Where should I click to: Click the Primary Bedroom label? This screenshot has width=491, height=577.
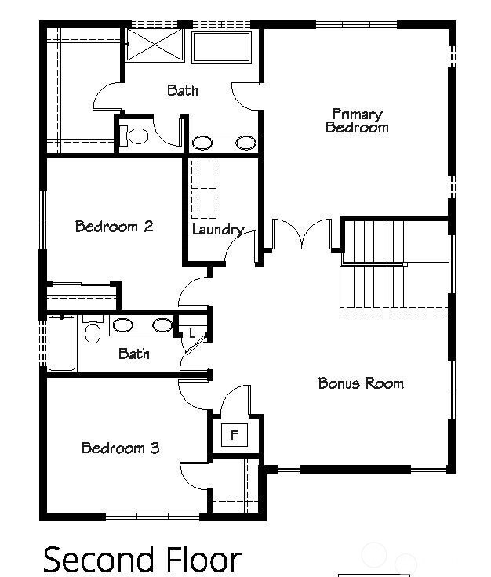357,121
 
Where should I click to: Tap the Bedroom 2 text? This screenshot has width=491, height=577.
114,227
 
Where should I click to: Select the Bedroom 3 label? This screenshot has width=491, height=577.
121,448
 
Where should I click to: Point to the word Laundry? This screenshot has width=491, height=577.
217,230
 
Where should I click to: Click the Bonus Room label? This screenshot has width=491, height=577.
361,383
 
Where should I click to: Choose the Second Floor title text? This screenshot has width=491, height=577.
142,560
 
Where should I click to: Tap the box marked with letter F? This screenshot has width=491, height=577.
234,434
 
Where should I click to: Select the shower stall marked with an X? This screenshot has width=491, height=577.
155,45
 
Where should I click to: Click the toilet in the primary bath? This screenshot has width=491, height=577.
136,136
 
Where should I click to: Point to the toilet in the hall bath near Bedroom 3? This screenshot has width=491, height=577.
93,332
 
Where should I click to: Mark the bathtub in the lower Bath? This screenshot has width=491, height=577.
62,343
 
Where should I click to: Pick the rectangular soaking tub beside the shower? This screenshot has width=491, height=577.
221,47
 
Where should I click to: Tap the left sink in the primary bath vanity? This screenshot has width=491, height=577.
202,143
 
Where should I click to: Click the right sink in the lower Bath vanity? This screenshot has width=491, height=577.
162,325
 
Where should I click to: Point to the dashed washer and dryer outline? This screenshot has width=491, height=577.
204,189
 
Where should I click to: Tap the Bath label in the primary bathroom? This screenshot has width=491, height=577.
182,90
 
